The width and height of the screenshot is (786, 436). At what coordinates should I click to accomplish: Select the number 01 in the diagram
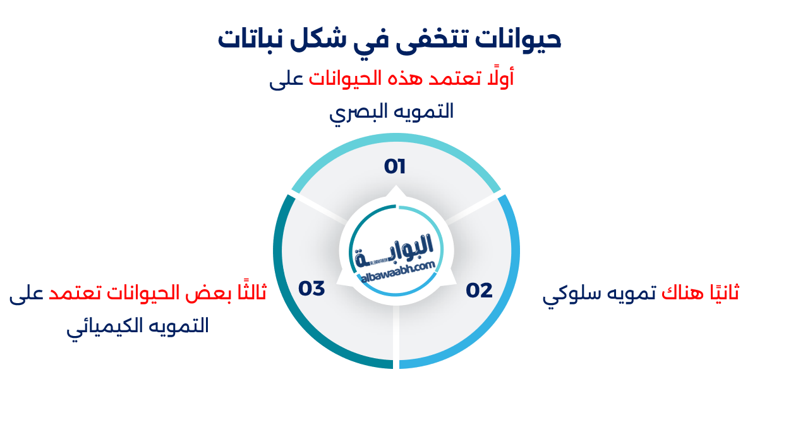(395, 167)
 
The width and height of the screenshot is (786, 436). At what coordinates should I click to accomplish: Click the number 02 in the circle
(479, 290)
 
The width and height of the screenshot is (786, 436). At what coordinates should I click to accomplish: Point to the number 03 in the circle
(311, 289)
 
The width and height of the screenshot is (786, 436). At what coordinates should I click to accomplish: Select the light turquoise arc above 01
(396, 145)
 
